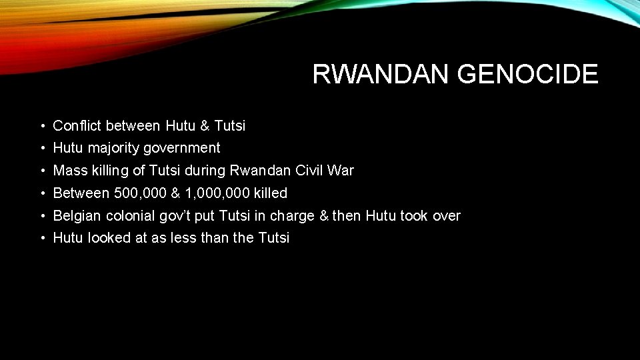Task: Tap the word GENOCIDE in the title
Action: (528, 75)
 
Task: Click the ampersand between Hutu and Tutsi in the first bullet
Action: (205, 125)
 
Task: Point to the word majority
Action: (115, 148)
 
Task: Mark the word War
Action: (341, 171)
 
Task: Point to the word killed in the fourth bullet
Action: (271, 193)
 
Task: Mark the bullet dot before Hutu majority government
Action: (42, 148)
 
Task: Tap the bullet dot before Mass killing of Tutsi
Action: (42, 171)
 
